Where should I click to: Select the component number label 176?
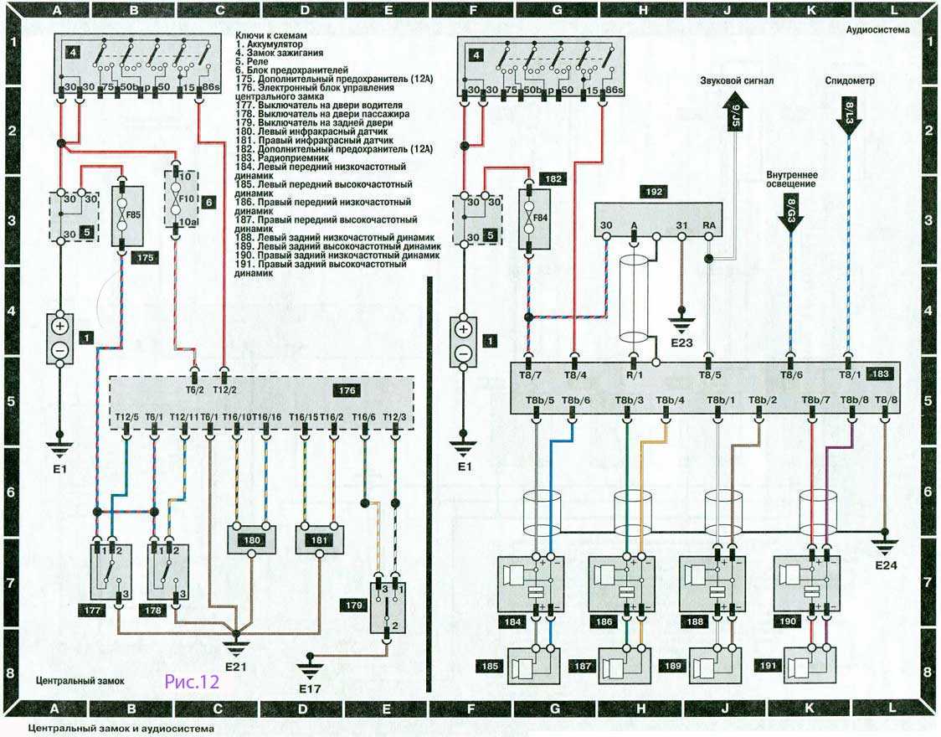coord(346,391)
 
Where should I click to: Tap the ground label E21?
coord(235,667)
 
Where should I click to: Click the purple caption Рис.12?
coord(192,682)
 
